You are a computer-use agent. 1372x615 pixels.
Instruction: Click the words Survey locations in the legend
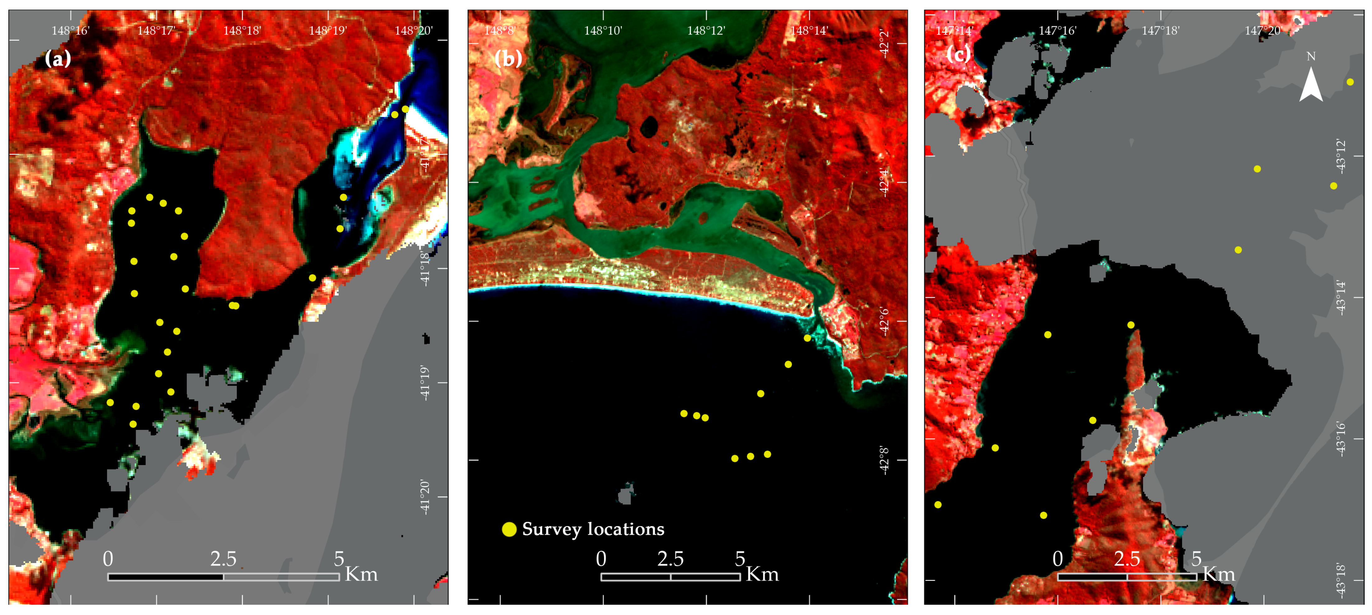click(x=593, y=529)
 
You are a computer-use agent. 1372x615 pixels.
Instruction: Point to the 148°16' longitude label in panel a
click(x=70, y=30)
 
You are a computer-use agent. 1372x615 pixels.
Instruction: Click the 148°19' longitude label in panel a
click(x=327, y=30)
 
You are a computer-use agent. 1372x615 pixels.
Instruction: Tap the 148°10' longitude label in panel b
click(x=603, y=30)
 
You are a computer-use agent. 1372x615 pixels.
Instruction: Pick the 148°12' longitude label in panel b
click(x=706, y=30)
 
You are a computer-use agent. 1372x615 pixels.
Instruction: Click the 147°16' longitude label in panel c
click(x=1057, y=30)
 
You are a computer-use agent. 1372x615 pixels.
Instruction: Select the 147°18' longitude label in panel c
click(x=1161, y=30)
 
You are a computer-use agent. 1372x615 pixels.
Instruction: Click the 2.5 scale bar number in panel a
click(x=223, y=559)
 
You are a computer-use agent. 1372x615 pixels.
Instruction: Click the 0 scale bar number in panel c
click(x=1058, y=559)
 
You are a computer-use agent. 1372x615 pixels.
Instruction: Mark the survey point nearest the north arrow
click(x=1350, y=82)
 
